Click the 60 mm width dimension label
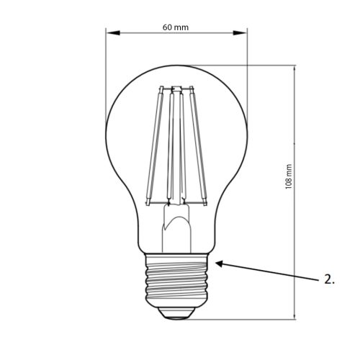[x=176, y=27]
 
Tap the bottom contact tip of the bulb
[x=176, y=315]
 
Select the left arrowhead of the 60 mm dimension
[x=109, y=33]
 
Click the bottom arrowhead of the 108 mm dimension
[x=295, y=315]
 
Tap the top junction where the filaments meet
[x=176, y=89]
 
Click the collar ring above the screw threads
[x=176, y=256]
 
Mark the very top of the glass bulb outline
[x=176, y=66]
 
